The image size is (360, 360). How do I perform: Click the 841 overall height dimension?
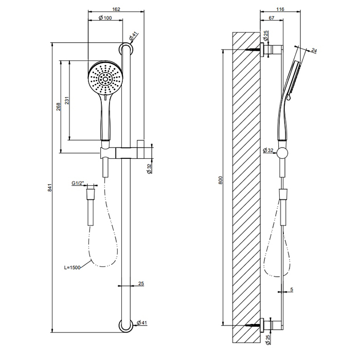click(x=50, y=188)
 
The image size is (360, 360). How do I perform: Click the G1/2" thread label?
click(x=78, y=183)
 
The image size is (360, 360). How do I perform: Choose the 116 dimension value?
click(x=280, y=8)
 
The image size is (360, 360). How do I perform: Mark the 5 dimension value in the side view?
click(x=291, y=291)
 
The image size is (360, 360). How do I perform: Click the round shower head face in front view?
click(x=105, y=79)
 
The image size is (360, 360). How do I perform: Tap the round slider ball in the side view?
click(x=282, y=152)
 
